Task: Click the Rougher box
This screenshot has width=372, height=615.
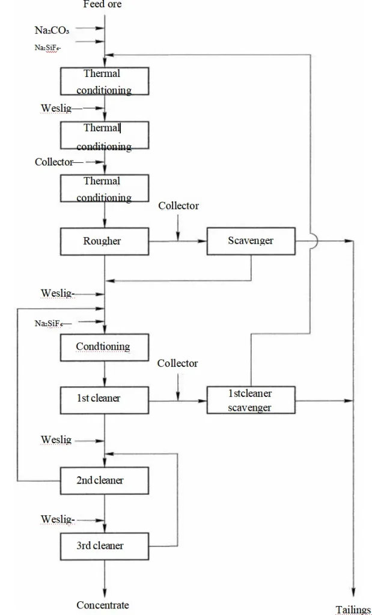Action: click(105, 241)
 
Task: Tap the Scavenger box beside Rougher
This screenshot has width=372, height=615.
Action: click(251, 241)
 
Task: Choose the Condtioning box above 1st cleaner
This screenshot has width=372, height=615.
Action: click(105, 347)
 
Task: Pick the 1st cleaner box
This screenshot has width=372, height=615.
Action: click(105, 398)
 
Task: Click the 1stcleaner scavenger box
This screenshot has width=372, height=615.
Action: click(251, 401)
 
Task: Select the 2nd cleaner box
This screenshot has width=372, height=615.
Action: click(105, 480)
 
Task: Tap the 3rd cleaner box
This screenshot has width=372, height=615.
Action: click(105, 545)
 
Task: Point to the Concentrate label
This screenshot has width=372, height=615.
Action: click(103, 605)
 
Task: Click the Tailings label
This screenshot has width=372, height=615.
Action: click(353, 610)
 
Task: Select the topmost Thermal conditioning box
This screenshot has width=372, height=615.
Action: click(105, 82)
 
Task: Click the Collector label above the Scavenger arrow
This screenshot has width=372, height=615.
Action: click(178, 206)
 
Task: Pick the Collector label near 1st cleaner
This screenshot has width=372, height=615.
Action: click(177, 363)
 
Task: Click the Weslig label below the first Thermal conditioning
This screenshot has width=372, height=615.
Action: click(56, 108)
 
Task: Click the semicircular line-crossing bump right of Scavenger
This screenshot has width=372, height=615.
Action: click(313, 241)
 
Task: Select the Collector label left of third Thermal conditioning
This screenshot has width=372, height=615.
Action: click(54, 162)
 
